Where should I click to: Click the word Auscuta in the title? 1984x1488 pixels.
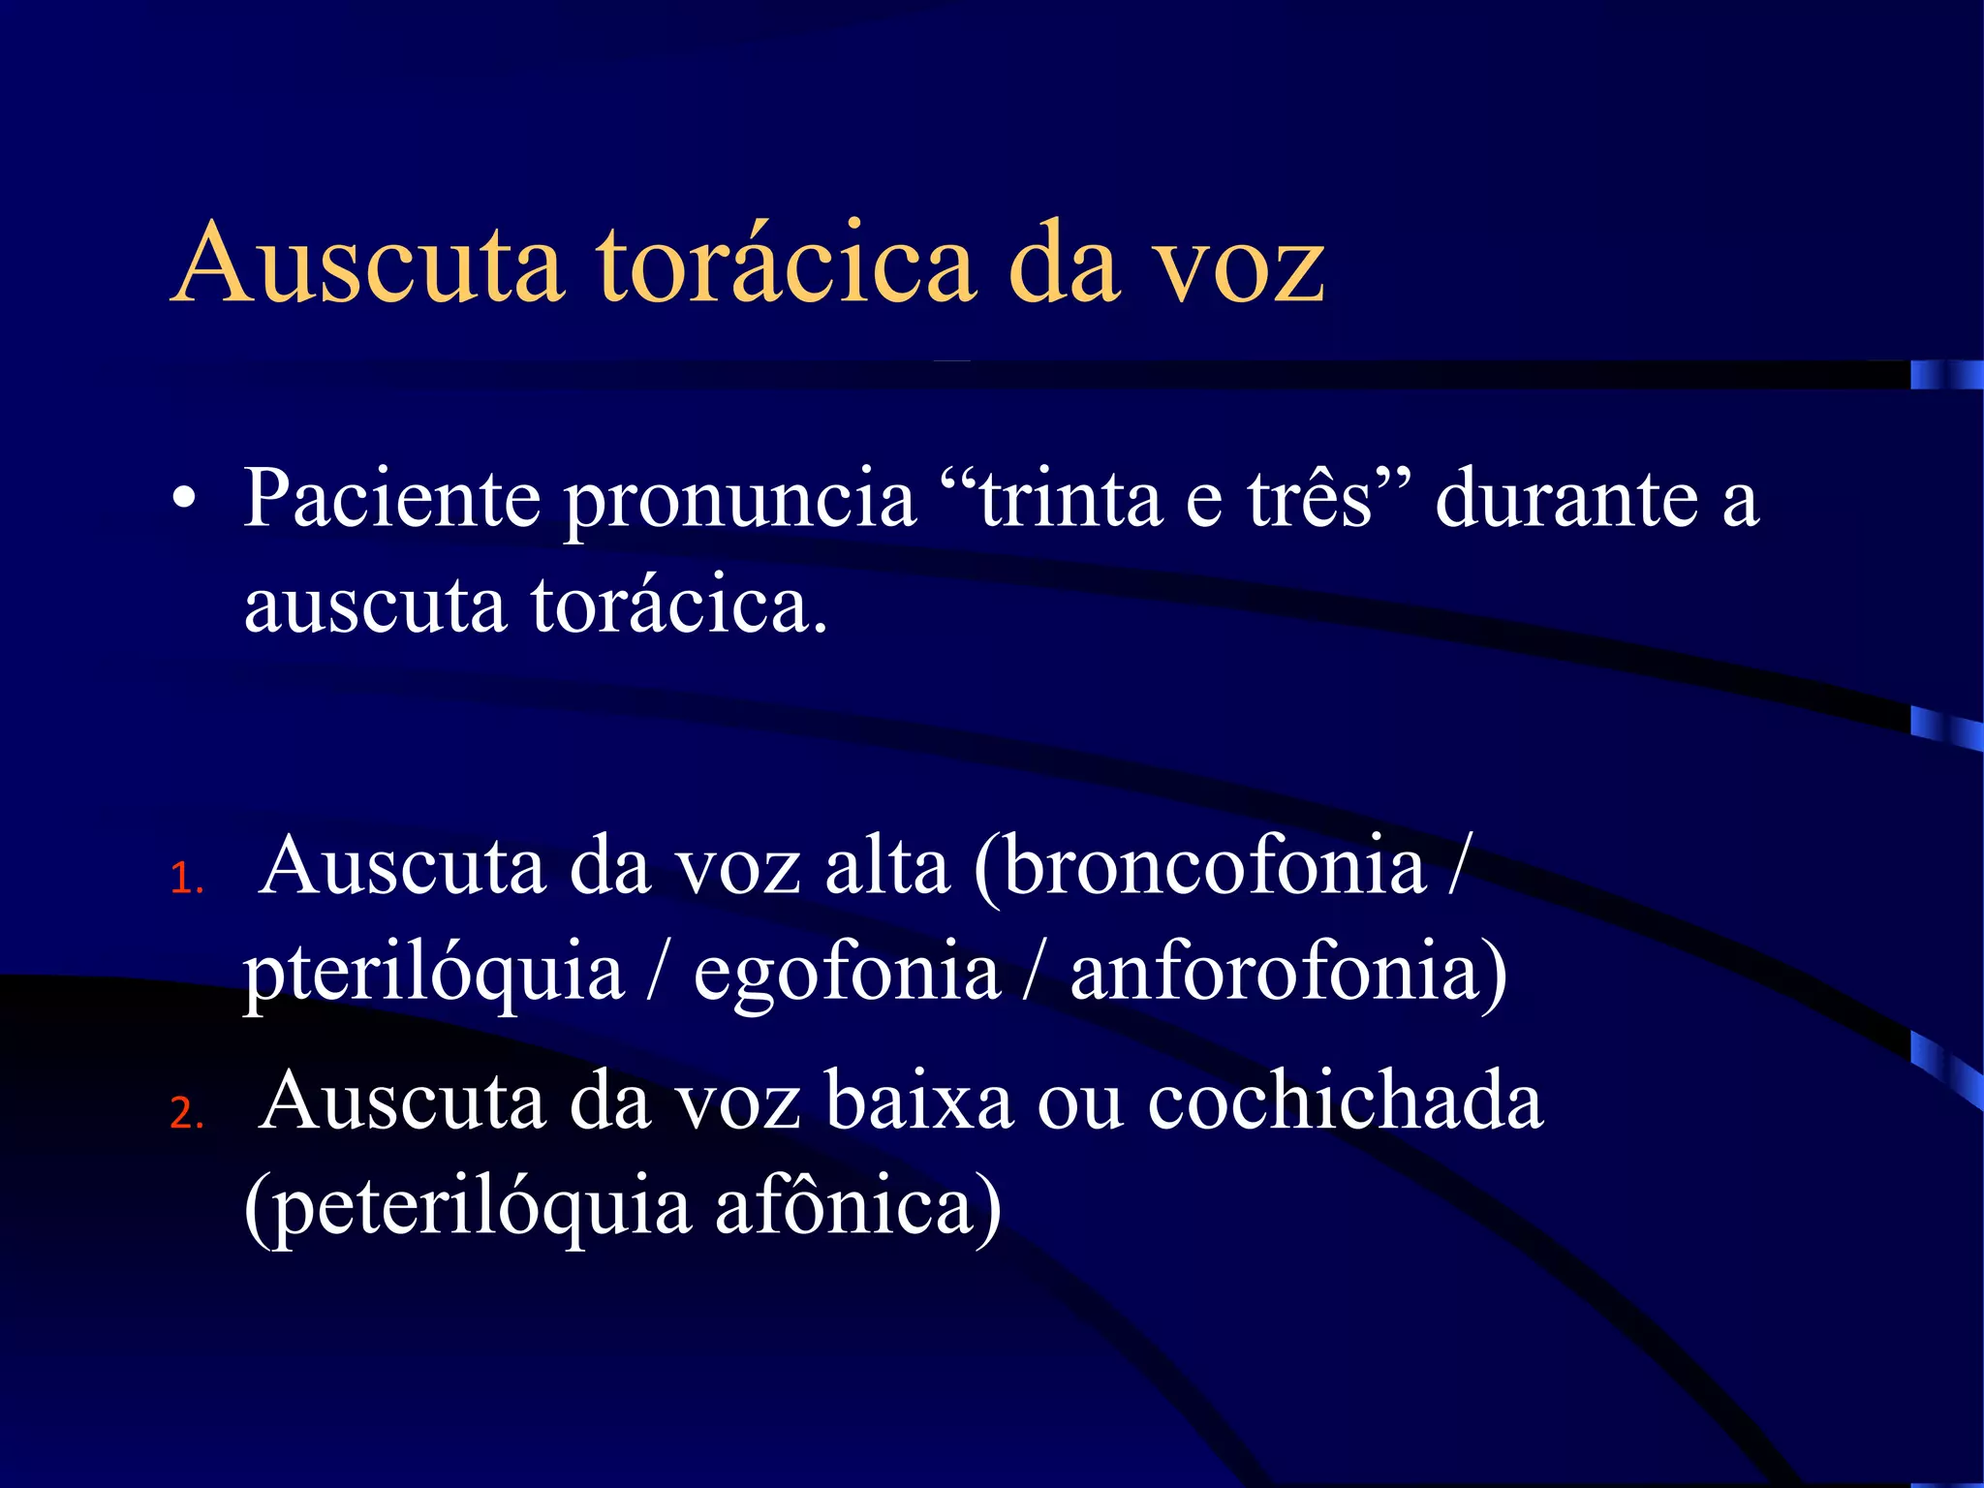point(368,263)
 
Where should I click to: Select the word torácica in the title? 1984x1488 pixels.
point(786,263)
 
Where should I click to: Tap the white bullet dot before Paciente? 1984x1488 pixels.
point(183,500)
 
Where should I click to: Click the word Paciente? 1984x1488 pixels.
point(391,498)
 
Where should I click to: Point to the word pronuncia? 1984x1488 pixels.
point(740,500)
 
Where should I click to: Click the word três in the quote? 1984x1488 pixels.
point(1308,498)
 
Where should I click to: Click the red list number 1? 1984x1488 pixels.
point(184,880)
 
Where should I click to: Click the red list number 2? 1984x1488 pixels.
point(184,1114)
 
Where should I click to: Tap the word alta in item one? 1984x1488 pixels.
point(886,865)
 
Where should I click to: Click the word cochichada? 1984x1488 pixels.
point(1346,1101)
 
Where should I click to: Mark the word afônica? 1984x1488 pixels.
point(843,1206)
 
